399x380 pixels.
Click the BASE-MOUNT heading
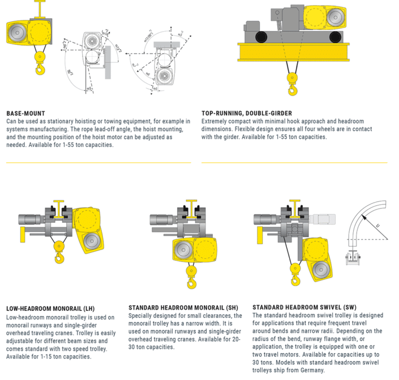25,113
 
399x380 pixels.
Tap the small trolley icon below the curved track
354,258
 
